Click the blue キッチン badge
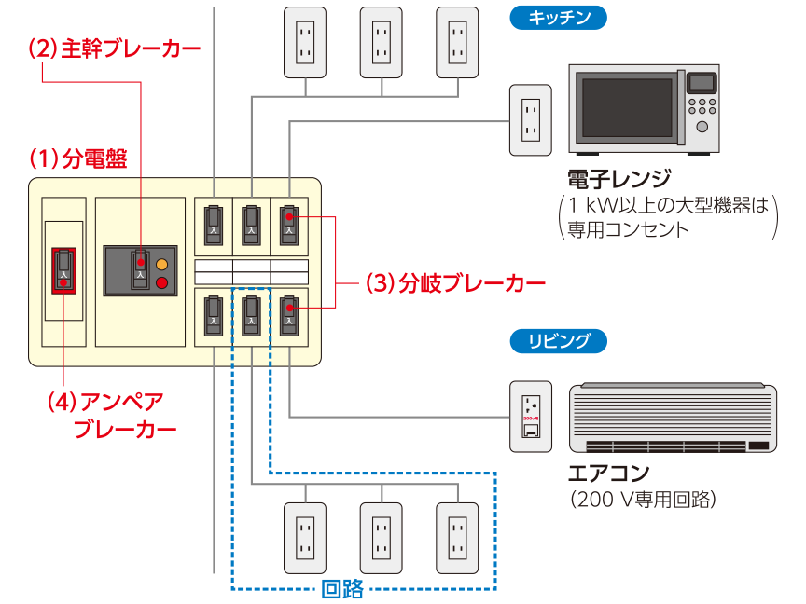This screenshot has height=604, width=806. click(x=558, y=17)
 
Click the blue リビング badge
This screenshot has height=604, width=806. click(x=558, y=341)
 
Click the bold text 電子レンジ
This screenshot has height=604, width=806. click(x=618, y=180)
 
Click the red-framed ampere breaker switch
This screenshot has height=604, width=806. click(x=63, y=270)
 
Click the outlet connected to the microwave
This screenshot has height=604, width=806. click(x=530, y=120)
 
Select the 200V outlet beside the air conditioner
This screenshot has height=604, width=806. click(x=530, y=416)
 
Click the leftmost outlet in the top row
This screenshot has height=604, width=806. click(x=304, y=43)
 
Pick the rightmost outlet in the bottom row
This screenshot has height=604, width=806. click(x=456, y=539)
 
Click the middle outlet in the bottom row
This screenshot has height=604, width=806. click(x=381, y=539)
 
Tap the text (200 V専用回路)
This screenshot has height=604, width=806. click(x=643, y=501)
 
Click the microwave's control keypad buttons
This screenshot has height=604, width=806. click(x=702, y=104)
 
